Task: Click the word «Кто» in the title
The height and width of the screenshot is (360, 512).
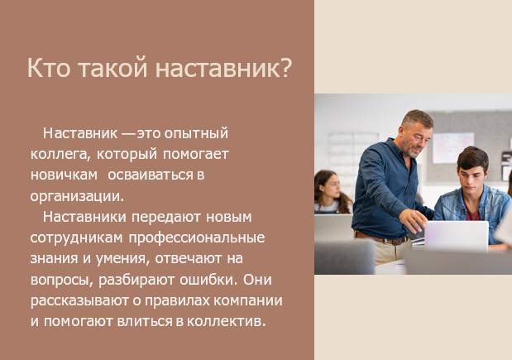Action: click(x=49, y=68)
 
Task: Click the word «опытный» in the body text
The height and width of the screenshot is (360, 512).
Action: click(x=196, y=133)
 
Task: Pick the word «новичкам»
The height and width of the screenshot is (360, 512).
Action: click(x=64, y=175)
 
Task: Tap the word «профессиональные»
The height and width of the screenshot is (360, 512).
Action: click(x=197, y=238)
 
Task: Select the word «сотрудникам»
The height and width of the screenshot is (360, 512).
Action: click(x=76, y=238)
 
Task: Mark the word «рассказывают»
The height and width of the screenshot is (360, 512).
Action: click(x=79, y=301)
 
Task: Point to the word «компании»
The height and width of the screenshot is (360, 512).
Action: click(x=248, y=300)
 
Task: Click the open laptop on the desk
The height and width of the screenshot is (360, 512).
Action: click(x=456, y=236)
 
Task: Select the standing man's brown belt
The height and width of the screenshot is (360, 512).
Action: click(x=381, y=238)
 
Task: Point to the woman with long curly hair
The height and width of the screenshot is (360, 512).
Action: click(x=331, y=192)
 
